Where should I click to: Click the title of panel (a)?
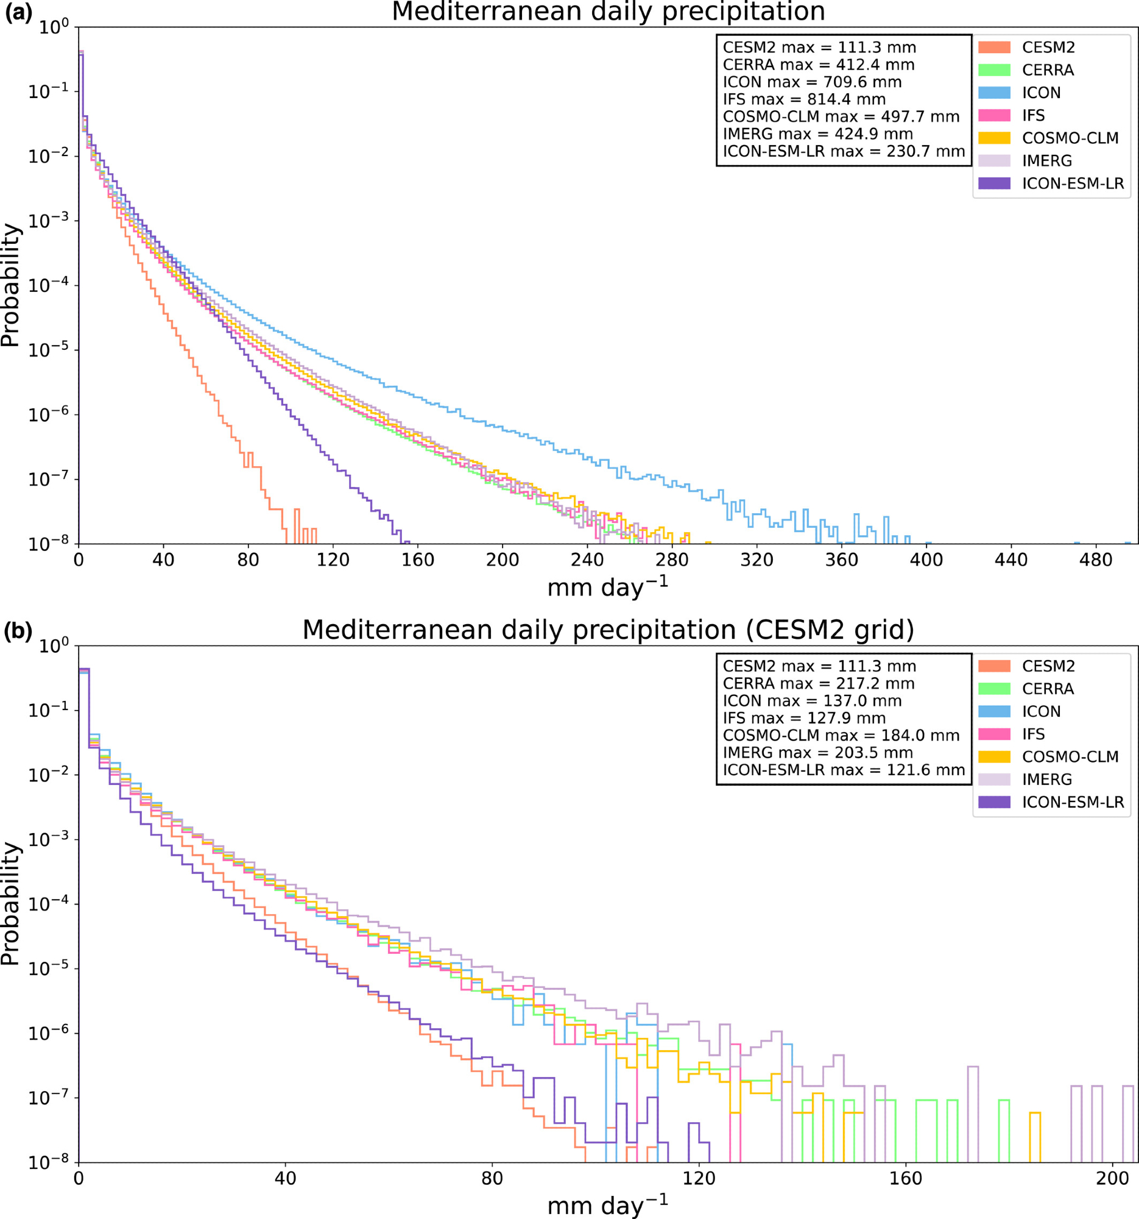click(x=608, y=12)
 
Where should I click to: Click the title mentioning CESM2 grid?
click(x=608, y=630)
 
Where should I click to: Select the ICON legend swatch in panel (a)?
click(x=994, y=93)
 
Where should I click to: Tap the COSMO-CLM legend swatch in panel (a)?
click(x=994, y=138)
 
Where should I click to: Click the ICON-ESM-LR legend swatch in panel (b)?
click(x=994, y=802)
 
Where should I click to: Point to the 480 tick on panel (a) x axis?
click(x=1096, y=560)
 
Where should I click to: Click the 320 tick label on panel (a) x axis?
click(x=756, y=560)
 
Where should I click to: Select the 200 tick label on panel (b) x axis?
click(x=1113, y=1178)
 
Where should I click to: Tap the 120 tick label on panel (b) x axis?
click(x=699, y=1178)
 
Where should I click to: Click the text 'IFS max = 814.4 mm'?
click(x=804, y=99)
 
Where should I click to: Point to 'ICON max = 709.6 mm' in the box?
click(x=812, y=82)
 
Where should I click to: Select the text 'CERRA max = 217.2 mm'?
click(x=819, y=684)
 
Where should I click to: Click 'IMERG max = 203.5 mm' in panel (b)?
click(x=818, y=752)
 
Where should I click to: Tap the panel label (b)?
click(x=18, y=631)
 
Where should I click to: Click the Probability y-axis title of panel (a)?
click(x=11, y=286)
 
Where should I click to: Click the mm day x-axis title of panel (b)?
click(x=607, y=1206)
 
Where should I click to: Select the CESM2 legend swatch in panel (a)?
click(x=994, y=47)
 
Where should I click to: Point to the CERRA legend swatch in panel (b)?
click(x=994, y=689)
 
